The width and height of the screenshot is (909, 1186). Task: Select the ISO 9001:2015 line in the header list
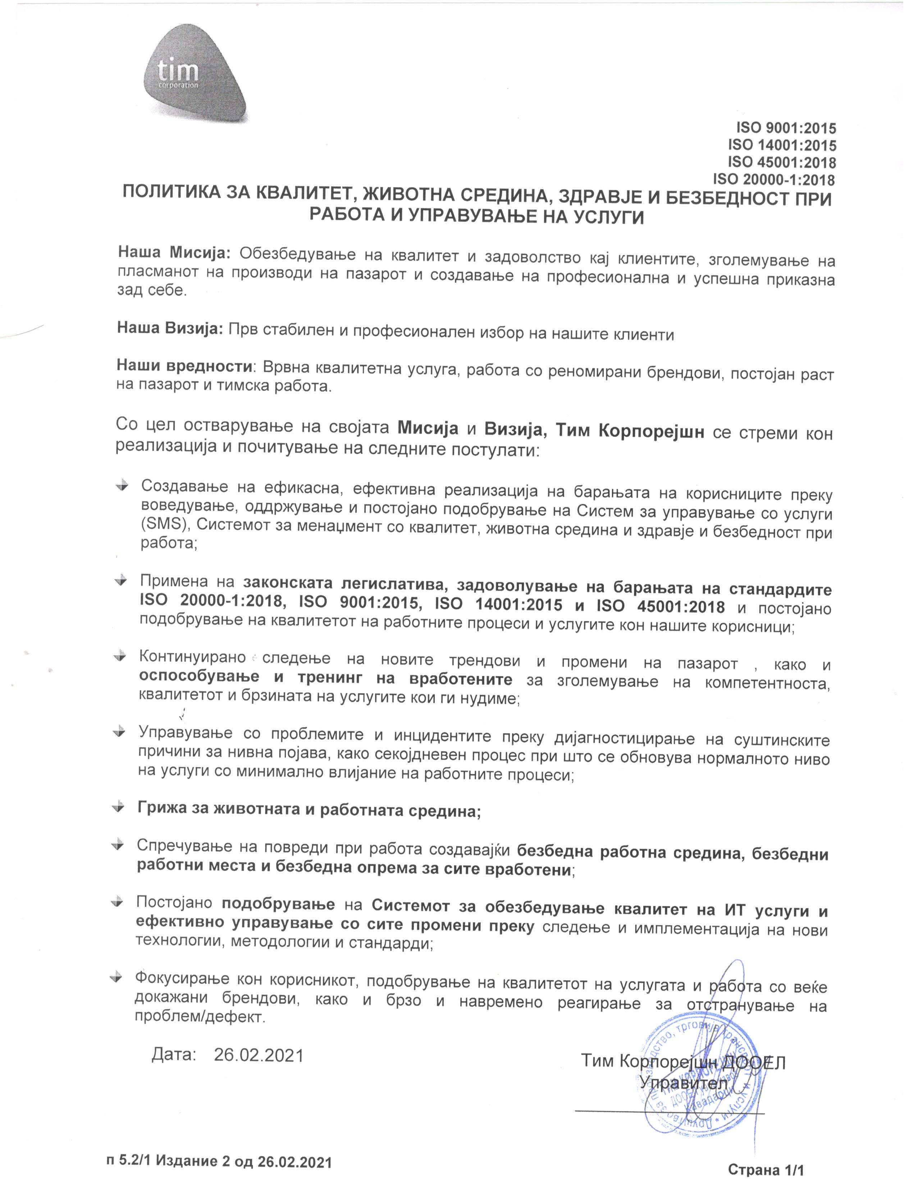(786, 128)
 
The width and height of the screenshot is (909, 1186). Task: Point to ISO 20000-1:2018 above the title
(774, 179)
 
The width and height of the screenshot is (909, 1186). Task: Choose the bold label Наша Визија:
(170, 328)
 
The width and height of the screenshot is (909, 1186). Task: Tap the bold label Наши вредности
(184, 366)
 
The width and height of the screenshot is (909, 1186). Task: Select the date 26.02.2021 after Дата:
(259, 1055)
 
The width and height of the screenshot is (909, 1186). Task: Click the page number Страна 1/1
(766, 1170)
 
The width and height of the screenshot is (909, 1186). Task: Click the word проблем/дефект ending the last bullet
(200, 1017)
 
